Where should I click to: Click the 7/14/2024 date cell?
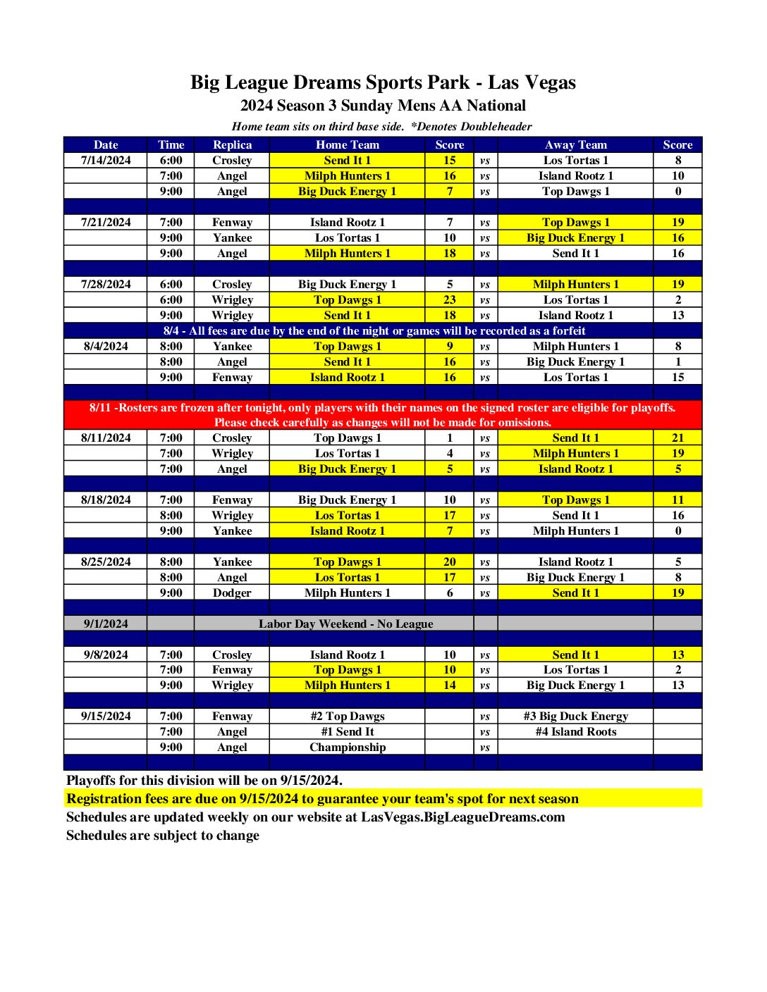(x=106, y=161)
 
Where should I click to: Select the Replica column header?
(x=232, y=145)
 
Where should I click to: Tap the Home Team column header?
(x=347, y=145)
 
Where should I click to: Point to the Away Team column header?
(x=575, y=145)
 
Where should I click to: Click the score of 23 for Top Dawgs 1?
(x=450, y=300)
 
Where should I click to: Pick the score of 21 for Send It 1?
(x=677, y=438)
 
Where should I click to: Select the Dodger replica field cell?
(x=232, y=593)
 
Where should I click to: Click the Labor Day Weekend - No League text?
(x=345, y=624)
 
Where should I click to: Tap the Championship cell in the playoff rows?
(x=348, y=748)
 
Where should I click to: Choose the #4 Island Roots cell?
(x=575, y=732)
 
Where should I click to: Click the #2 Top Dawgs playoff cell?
(x=348, y=717)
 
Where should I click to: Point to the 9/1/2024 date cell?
(x=106, y=624)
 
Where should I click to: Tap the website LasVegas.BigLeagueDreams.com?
(x=463, y=817)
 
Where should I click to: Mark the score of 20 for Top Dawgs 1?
(x=450, y=562)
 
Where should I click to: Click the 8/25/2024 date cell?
(x=106, y=562)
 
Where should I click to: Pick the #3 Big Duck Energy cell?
(x=575, y=717)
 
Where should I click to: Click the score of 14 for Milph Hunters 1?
(x=450, y=686)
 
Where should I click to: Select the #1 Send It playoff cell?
(x=348, y=732)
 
